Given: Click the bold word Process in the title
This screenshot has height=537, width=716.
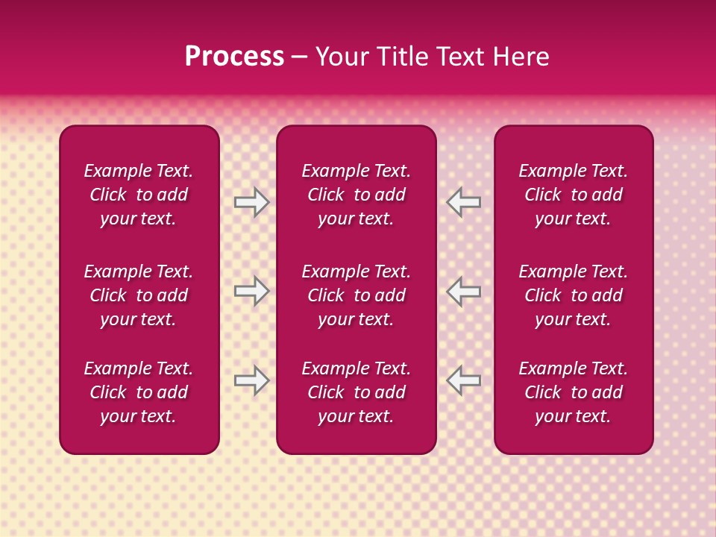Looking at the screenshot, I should (x=234, y=57).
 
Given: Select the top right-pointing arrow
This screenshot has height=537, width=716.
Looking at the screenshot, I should (x=251, y=202).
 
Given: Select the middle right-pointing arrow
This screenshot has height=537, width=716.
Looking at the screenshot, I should (x=251, y=291).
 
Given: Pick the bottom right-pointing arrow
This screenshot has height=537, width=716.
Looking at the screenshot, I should (x=251, y=380).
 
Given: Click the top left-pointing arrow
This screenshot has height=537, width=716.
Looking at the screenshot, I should (x=464, y=202).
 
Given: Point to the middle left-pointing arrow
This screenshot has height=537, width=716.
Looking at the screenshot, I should (x=464, y=291).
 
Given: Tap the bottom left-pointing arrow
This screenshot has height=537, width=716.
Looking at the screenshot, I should (x=464, y=380).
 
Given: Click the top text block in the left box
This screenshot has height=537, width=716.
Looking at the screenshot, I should (x=139, y=195).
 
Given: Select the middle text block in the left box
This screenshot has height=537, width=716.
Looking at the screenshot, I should (x=139, y=295).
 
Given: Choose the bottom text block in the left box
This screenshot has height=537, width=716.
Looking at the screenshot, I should (x=139, y=392).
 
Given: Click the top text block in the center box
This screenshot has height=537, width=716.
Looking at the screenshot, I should (x=356, y=195).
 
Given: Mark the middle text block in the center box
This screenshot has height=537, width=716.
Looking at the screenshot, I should (x=356, y=295).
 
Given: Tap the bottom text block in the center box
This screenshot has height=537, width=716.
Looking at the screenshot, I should (x=356, y=392).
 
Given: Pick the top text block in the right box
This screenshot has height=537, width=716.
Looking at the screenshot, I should (x=573, y=195).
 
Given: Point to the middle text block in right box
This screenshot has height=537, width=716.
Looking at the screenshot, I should (x=573, y=295).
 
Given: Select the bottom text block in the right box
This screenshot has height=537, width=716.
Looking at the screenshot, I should (x=573, y=392).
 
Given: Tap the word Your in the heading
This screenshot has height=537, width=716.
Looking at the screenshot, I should (x=341, y=57).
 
